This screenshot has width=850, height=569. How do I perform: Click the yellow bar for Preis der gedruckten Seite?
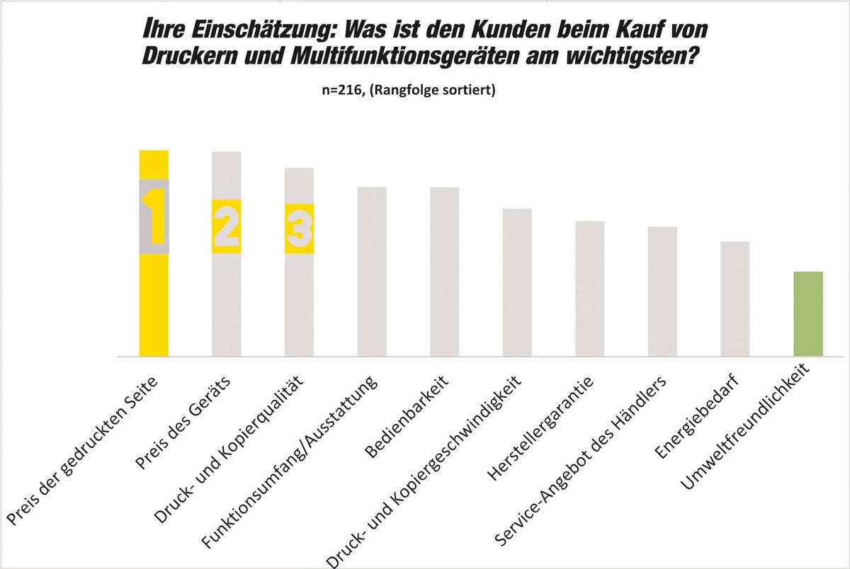point(154,304)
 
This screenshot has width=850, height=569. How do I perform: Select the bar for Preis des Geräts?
point(227,304)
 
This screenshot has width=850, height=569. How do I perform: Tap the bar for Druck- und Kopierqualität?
point(299,304)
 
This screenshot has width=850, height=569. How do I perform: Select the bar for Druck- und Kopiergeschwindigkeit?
point(517,283)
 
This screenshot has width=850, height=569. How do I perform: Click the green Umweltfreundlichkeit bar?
point(807,314)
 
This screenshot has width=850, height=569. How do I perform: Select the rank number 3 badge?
point(299,229)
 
